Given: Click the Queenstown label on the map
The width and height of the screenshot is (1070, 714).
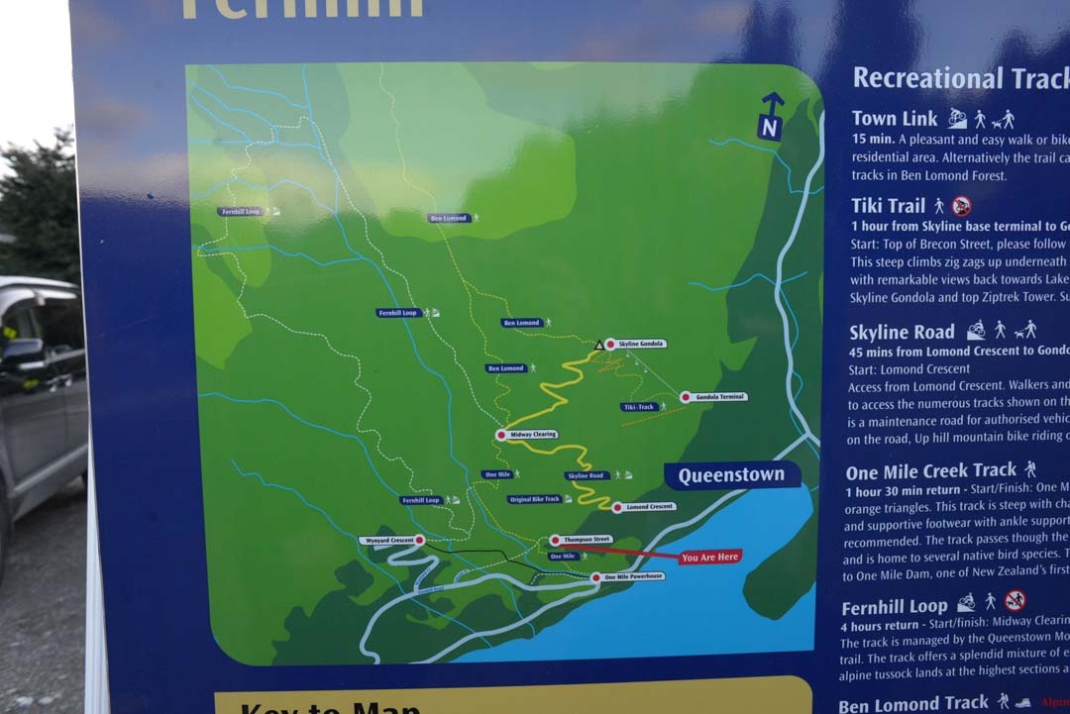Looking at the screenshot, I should [731, 475].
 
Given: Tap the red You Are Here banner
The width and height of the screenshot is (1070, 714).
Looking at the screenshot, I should [710, 558].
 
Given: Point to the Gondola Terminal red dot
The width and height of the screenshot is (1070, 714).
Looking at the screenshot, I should [685, 397].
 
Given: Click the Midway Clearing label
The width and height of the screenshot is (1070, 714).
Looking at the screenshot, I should [533, 435].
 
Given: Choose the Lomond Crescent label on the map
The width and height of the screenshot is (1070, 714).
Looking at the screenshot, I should [650, 507].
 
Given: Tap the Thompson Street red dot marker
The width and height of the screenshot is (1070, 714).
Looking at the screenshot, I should [555, 540].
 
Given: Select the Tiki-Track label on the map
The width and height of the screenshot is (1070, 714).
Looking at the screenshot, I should [639, 407].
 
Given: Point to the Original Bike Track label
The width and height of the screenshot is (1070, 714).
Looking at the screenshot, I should [535, 499].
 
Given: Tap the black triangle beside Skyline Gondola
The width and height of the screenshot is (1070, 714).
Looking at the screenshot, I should [598, 345].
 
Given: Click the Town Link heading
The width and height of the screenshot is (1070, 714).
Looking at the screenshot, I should [894, 119].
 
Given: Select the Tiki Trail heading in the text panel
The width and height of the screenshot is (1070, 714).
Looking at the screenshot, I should [888, 206].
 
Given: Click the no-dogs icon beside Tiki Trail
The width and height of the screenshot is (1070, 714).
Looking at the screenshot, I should [961, 206].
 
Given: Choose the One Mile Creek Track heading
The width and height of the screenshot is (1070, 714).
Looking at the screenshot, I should [931, 470].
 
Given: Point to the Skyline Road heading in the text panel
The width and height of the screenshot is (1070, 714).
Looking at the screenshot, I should [902, 332].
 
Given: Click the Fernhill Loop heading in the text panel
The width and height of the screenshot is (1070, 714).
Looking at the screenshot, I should [894, 606].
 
